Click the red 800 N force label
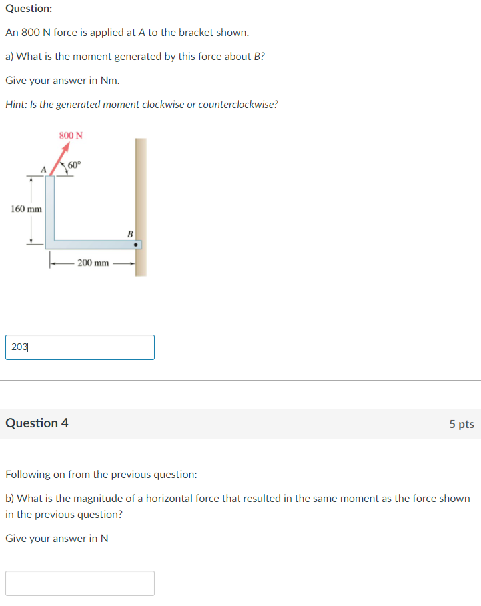tap(71, 135)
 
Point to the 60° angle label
tap(74, 165)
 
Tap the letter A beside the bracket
tap(44, 170)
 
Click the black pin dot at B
tap(136, 245)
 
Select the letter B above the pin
tap(130, 233)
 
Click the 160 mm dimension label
tap(27, 209)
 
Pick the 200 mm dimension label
tap(93, 263)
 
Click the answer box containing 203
tap(80, 347)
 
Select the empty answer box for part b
tap(80, 583)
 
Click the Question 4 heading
tap(37, 423)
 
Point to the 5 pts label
tap(461, 424)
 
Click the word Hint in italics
tap(16, 105)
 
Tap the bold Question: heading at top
tap(29, 9)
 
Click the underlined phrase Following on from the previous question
tap(101, 475)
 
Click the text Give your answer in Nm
tap(62, 81)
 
